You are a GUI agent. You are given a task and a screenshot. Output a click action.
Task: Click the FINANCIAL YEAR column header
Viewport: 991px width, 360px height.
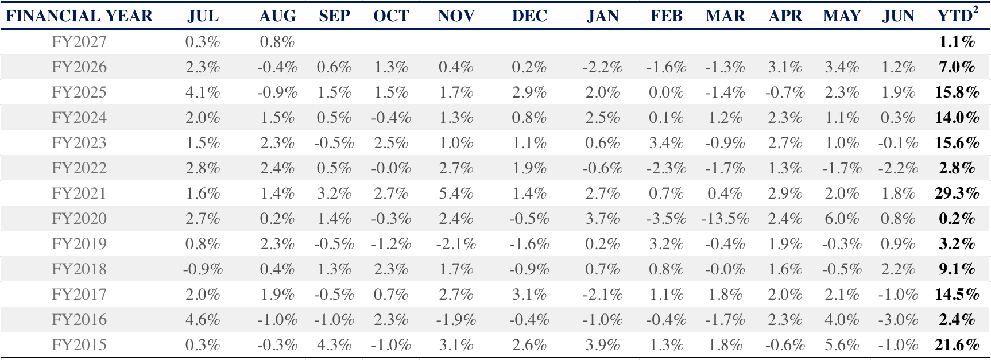[79, 16]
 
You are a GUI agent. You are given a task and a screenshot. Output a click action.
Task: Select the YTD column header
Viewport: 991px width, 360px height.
[954, 16]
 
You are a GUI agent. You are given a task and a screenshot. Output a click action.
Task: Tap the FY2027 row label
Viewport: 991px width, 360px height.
[79, 42]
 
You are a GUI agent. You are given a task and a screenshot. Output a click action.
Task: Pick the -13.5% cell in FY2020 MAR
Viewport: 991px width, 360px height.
[725, 219]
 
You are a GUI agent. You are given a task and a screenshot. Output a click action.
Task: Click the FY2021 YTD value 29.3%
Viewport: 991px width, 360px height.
[957, 193]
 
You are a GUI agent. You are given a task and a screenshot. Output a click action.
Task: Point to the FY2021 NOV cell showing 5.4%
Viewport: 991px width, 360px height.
[456, 193]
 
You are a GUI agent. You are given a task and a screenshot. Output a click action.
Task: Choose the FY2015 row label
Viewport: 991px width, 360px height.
[79, 345]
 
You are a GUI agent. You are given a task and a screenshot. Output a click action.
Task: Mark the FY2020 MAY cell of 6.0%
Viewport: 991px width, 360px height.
[842, 219]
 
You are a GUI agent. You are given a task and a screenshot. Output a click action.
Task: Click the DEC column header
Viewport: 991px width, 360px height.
[529, 16]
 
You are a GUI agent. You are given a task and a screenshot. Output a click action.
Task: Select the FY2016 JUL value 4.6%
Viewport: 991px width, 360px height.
[203, 320]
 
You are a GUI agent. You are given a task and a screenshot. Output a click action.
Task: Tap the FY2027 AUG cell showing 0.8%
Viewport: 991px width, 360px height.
[277, 42]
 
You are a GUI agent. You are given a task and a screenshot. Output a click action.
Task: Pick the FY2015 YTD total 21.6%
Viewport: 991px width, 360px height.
[957, 345]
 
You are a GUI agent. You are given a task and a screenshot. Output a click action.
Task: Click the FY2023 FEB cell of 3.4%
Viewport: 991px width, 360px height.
[666, 143]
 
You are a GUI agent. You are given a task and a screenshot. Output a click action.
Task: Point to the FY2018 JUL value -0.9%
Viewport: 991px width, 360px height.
[203, 269]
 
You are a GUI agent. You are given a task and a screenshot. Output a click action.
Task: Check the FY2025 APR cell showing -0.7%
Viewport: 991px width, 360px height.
[785, 92]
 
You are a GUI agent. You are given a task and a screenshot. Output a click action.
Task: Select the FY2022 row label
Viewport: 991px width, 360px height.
[79, 168]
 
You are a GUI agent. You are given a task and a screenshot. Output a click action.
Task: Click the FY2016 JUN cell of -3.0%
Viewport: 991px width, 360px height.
[898, 320]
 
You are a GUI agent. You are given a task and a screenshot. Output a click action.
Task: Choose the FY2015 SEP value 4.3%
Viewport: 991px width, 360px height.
[334, 345]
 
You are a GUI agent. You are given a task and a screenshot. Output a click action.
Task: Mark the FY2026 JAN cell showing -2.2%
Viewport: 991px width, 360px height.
[602, 67]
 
